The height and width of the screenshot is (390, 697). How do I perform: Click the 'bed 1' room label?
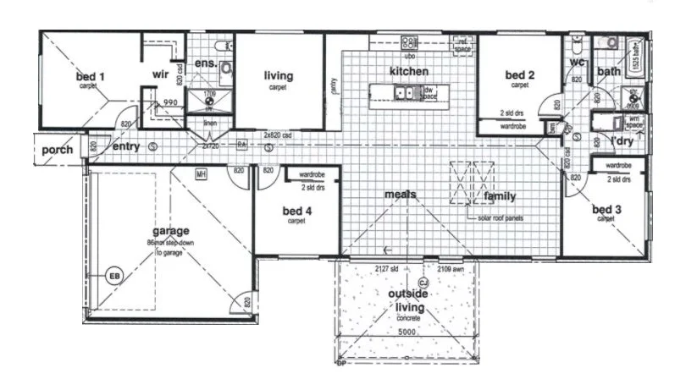click(90, 77)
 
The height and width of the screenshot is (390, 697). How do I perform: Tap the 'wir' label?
click(161, 74)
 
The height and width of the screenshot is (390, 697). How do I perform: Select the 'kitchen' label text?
click(408, 71)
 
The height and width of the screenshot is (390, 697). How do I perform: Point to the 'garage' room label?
click(170, 230)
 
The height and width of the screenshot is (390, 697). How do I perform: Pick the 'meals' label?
click(401, 195)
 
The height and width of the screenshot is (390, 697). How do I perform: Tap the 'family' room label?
click(500, 196)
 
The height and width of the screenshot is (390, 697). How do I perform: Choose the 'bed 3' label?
click(607, 208)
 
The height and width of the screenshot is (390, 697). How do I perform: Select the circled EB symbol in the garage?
click(113, 276)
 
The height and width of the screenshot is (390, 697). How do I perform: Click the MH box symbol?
click(202, 174)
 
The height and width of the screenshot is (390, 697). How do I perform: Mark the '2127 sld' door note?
click(387, 268)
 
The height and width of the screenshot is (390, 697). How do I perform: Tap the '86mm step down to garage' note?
click(170, 247)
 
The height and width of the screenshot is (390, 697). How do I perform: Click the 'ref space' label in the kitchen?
click(462, 45)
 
